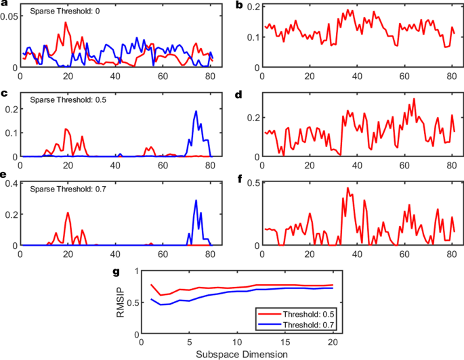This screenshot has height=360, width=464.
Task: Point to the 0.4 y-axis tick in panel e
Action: [x=12, y=185]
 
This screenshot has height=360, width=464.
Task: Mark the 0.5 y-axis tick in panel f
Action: [x=252, y=182]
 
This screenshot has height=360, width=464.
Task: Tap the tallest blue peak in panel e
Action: [x=196, y=200]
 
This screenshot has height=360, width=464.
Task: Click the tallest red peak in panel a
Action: [x=66, y=22]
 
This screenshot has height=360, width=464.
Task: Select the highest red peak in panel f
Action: [x=348, y=188]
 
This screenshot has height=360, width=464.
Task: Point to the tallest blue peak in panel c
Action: [x=196, y=112]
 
